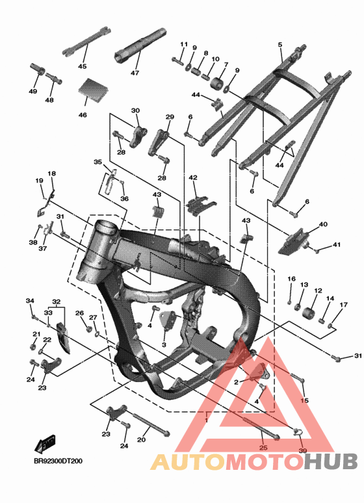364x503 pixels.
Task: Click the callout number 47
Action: pyautogui.click(x=135, y=73)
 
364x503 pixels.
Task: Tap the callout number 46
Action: pyautogui.click(x=83, y=115)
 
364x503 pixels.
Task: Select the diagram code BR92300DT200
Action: pyautogui.click(x=58, y=461)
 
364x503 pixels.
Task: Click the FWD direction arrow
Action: pyautogui.click(x=45, y=444)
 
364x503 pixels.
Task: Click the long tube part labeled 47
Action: pyautogui.click(x=140, y=44)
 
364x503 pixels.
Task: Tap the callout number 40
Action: pyautogui.click(x=323, y=224)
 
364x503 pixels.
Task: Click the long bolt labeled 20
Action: pyautogui.click(x=151, y=425)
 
